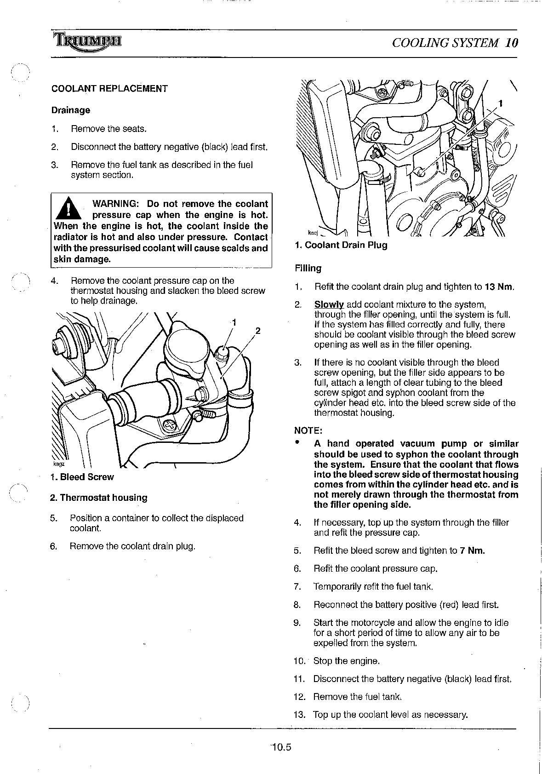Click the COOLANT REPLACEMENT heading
pos(109,88)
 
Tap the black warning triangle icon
pos(68,208)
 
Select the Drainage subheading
pos(71,110)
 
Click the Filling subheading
pos(308,268)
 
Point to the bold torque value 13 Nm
pos(498,287)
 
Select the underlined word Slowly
pos(329,304)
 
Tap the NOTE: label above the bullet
pos(308,430)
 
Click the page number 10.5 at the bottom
pos(281,747)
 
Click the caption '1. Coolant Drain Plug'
pos(341,245)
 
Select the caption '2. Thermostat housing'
pos(99,498)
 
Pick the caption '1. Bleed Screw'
pos(82,477)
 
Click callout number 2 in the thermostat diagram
pos(258,331)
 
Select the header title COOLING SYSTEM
pos(445,43)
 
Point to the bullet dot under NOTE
pos(297,443)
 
